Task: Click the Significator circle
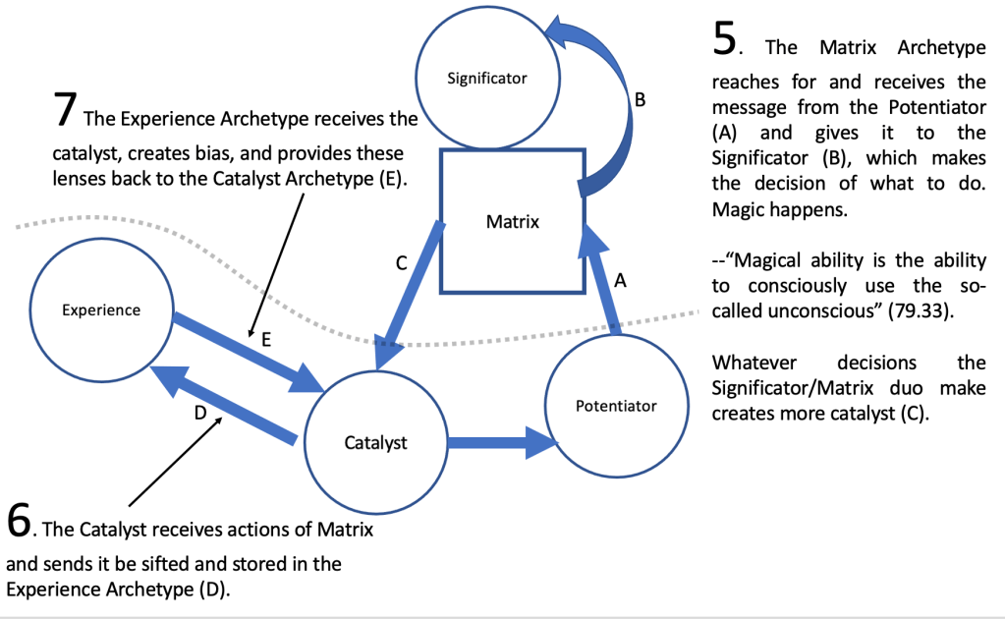(x=487, y=79)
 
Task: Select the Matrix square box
(x=512, y=221)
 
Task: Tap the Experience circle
(x=101, y=310)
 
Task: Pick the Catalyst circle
(x=375, y=443)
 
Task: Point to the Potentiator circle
(x=616, y=405)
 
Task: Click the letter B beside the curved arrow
(x=639, y=99)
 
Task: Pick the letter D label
(x=199, y=414)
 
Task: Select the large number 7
(x=65, y=110)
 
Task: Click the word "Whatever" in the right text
(x=750, y=362)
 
